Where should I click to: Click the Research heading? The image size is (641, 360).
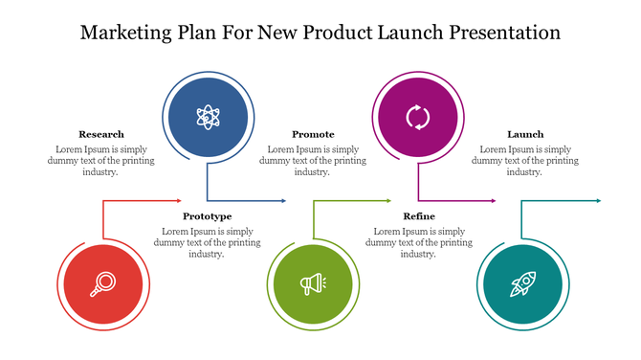(101, 135)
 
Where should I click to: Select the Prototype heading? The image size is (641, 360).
(207, 216)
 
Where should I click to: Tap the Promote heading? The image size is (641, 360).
(313, 135)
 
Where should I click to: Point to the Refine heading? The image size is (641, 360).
(419, 216)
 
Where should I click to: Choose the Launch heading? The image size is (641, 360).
(525, 135)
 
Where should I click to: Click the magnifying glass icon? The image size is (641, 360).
(101, 283)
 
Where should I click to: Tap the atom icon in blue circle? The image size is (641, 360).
(207, 118)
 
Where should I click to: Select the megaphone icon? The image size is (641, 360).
(313, 283)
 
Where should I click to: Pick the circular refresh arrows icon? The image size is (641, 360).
(418, 118)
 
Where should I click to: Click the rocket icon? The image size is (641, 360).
(523, 283)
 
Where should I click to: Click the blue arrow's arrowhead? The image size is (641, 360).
(283, 201)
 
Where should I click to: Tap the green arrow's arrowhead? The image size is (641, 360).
(388, 201)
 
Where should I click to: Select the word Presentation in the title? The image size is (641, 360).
(497, 33)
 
